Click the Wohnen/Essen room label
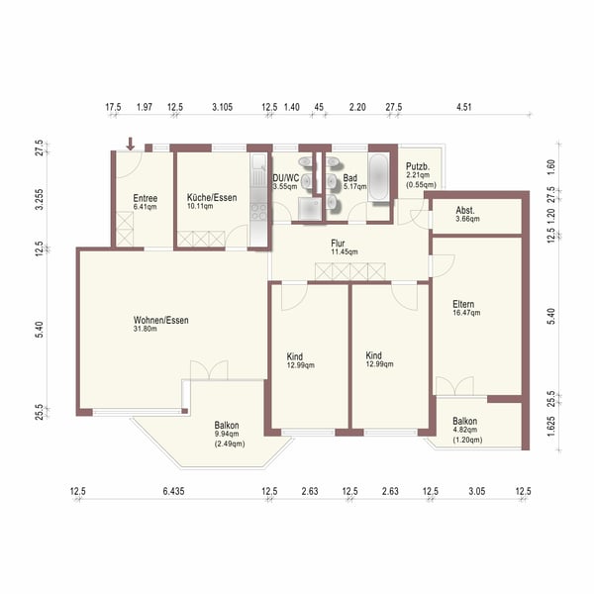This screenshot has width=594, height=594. [161, 320]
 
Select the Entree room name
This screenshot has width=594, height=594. [146, 197]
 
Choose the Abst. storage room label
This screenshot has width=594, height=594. [465, 211]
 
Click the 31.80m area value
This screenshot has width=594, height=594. [161, 330]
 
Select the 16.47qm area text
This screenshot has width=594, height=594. [465, 313]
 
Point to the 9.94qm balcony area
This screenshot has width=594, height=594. [227, 434]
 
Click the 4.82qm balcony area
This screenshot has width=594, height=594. [465, 431]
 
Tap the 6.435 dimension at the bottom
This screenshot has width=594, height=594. [173, 491]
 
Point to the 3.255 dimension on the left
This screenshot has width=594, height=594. [40, 201]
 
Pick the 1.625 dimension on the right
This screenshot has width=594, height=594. [550, 427]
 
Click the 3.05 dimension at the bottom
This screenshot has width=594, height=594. [476, 491]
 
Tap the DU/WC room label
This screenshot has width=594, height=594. [285, 179]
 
